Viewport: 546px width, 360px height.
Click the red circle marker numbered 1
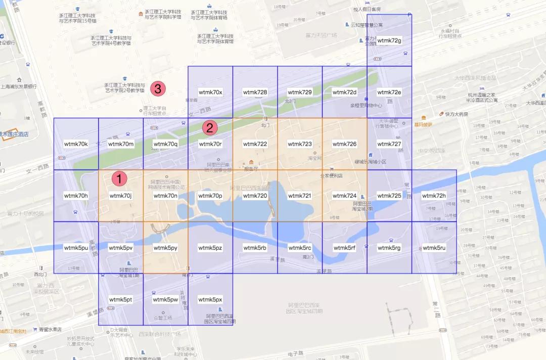click(x=119, y=178)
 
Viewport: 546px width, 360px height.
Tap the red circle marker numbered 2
click(x=210, y=128)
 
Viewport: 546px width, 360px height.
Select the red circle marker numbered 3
click(x=158, y=89)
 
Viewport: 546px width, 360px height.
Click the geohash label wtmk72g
click(x=389, y=40)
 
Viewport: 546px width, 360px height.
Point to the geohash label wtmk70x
click(x=210, y=93)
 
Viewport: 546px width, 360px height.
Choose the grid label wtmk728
click(x=255, y=93)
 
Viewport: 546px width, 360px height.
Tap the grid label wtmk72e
click(x=389, y=93)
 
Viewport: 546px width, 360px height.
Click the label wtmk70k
click(x=76, y=144)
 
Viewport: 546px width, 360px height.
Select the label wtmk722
click(x=255, y=144)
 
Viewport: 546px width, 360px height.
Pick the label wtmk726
click(x=345, y=144)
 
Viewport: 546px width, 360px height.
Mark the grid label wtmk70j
click(x=120, y=196)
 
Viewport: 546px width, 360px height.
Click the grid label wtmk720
click(x=255, y=196)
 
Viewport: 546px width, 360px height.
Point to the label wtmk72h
click(x=434, y=196)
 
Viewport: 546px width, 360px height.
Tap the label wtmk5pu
click(x=76, y=248)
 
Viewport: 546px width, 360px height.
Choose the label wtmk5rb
click(x=255, y=248)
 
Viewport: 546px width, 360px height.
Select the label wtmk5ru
click(x=434, y=248)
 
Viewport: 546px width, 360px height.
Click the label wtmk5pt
click(x=120, y=299)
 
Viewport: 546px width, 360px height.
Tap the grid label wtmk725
click(x=389, y=196)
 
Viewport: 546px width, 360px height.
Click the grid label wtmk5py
click(x=165, y=248)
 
